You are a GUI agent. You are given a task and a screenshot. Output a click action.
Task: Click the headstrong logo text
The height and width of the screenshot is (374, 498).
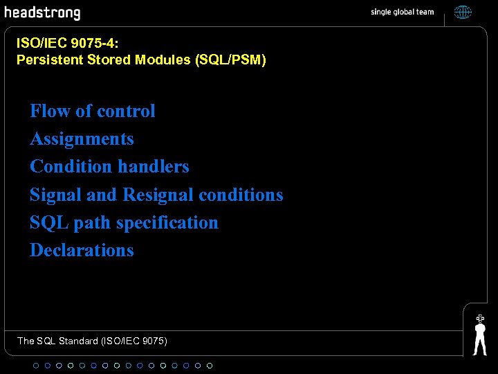[42, 12]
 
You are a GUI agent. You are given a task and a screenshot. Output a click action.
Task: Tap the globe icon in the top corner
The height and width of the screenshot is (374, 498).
[463, 12]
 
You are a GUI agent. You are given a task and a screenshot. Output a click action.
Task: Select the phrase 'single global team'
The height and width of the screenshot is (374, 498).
[403, 12]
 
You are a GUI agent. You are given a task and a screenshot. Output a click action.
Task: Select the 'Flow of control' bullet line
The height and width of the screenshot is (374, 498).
[93, 111]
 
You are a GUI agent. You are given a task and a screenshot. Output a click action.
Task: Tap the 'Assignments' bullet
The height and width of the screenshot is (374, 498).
[82, 139]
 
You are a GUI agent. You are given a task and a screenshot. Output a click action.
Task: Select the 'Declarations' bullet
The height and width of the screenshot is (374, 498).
[82, 250]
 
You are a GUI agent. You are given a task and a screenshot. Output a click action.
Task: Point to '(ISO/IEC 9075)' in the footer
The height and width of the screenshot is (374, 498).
[134, 341]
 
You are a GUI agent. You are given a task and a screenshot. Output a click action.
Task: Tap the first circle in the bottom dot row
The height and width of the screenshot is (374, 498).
[36, 365]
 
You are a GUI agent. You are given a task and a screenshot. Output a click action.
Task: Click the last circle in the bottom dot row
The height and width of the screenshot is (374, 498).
[210, 365]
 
